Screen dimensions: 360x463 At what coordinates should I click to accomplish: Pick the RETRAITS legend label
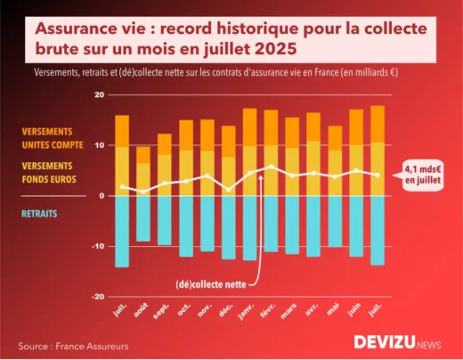(42, 214)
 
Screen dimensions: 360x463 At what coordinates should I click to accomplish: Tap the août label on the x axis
(141, 313)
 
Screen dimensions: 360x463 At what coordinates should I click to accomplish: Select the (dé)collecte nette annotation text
(207, 285)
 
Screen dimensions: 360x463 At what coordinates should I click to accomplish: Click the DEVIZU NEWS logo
(397, 342)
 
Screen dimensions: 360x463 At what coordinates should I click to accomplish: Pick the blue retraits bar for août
(142, 218)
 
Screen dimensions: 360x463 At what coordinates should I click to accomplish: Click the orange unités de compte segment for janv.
(250, 126)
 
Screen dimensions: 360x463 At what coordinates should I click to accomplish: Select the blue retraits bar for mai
(335, 221)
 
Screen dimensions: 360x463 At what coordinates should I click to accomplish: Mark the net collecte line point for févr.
(272, 167)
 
